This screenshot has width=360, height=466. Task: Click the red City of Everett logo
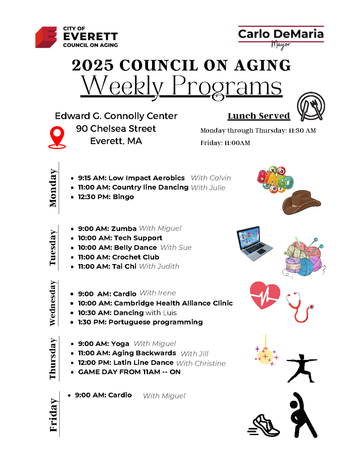click(x=46, y=37)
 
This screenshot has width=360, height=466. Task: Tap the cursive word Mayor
click(x=281, y=45)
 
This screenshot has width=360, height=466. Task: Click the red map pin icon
click(x=57, y=137)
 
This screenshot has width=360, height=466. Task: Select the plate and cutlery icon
click(x=311, y=107)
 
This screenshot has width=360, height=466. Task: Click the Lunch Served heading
click(x=259, y=116)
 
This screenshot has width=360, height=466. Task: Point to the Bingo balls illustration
click(x=275, y=180)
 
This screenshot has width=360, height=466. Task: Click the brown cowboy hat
click(x=301, y=202)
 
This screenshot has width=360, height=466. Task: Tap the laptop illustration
click(x=254, y=243)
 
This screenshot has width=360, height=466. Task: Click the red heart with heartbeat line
click(x=265, y=295)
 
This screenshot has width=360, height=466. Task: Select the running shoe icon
click(x=264, y=426)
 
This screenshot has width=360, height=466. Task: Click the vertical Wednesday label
click(x=53, y=303)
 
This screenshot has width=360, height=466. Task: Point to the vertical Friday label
click(x=53, y=415)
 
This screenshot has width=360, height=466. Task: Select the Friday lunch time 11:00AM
click(x=237, y=143)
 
